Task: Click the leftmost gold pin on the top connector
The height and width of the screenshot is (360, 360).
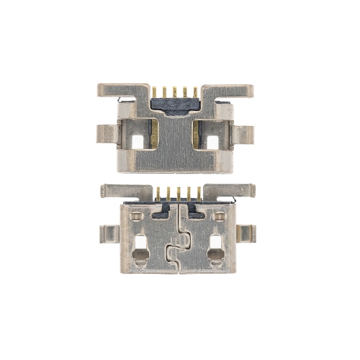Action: (154, 92)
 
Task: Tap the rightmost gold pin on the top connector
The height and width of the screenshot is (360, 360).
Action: (195, 92)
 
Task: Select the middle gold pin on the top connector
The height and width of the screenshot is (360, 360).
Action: (175, 92)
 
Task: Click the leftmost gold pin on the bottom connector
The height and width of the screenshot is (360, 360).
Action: (158, 193)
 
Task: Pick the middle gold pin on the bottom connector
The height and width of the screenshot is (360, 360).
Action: (176, 193)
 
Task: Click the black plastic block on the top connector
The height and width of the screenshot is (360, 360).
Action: (175, 106)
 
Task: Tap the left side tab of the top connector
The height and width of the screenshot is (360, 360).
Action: (106, 134)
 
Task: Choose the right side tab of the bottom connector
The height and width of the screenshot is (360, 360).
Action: (246, 233)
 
